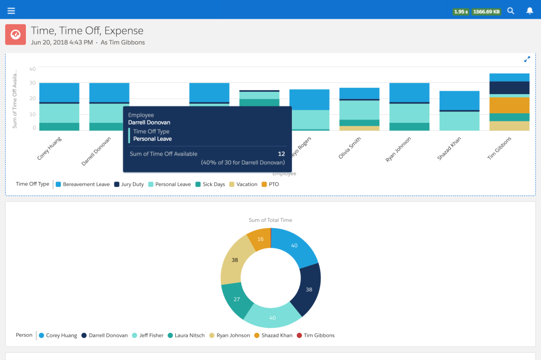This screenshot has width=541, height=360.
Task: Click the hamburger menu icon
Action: click(11, 11)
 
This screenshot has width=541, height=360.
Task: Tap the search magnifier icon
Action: click(511, 11)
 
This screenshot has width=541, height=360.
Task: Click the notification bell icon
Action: click(529, 11)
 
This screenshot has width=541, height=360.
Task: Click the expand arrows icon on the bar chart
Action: click(527, 59)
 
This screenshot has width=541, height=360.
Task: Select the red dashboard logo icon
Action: click(16, 34)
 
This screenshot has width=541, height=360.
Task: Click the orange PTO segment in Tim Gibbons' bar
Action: click(509, 105)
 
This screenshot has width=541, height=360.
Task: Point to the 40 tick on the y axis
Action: click(33, 69)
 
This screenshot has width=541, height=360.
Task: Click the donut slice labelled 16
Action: click(260, 239)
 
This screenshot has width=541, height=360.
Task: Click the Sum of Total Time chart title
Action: click(270, 220)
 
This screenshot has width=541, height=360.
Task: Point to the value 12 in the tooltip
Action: click(281, 153)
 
